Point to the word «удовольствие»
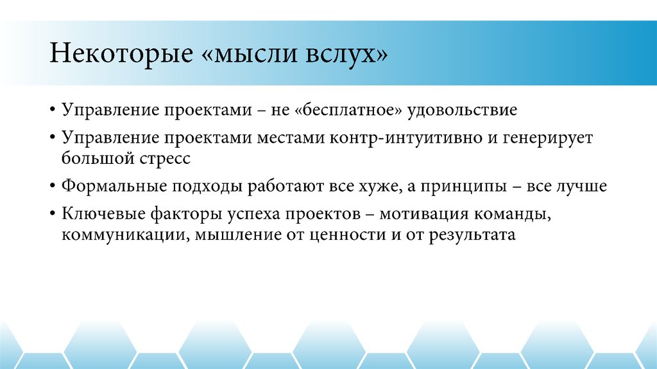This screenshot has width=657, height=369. (x=464, y=110)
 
